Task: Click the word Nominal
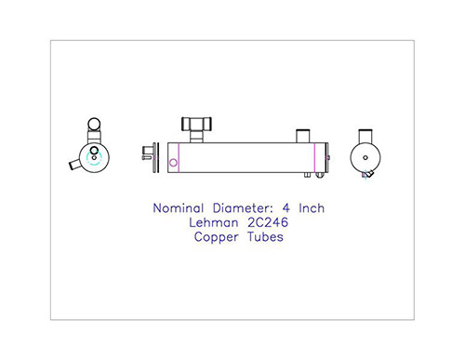(x=179, y=208)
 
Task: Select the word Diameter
(x=243, y=208)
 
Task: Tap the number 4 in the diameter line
(x=286, y=208)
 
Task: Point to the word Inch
(x=312, y=208)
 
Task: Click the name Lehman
(x=214, y=222)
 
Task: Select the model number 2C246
(x=268, y=222)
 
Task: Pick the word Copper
(x=217, y=237)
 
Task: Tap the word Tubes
(x=265, y=237)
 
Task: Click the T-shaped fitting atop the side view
(x=196, y=129)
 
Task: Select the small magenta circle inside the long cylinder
(x=173, y=163)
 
